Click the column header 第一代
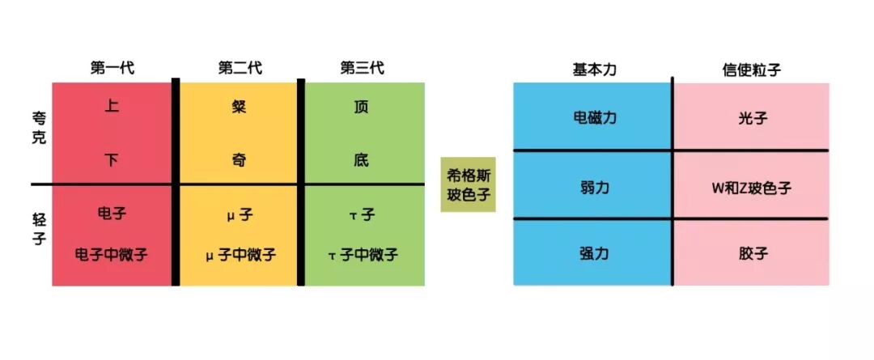tap(112, 68)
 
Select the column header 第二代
tap(240, 68)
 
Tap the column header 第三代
tap(362, 68)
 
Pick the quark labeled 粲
tap(240, 107)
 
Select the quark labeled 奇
tap(240, 160)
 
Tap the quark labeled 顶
tap(362, 107)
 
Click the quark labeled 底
tap(362, 160)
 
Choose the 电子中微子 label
tap(112, 254)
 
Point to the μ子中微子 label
tap(240, 254)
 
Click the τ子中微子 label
tap(363, 254)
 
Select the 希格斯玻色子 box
tap(468, 184)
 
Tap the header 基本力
tap(594, 70)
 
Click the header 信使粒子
tap(752, 70)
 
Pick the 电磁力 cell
tap(594, 118)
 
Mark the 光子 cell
tap(752, 118)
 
